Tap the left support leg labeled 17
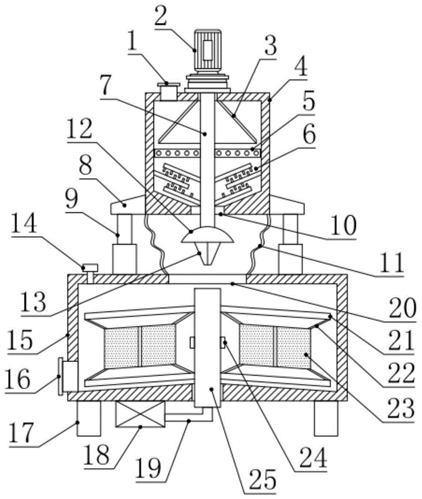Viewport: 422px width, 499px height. click(x=88, y=419)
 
